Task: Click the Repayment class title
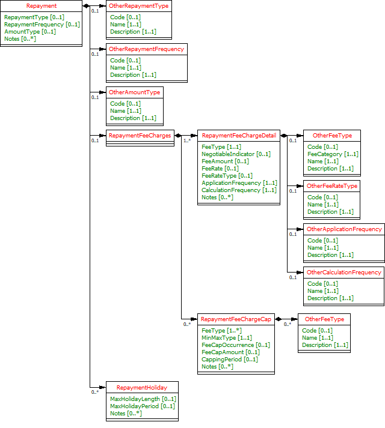coord(42,6)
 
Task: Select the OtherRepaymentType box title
coord(138,6)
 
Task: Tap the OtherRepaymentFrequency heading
coord(146,49)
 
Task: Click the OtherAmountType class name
coord(134,92)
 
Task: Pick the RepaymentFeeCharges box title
coord(140,136)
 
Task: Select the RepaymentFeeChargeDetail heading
coord(239,136)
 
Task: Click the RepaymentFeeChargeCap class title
coord(236,319)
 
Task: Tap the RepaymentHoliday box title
coord(142,388)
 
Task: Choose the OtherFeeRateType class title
coord(332,186)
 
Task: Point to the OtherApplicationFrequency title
coord(344,229)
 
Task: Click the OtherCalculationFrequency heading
coord(344,273)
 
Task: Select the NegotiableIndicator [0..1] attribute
coord(236,154)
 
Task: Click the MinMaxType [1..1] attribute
coord(227,338)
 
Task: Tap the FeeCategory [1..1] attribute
coord(333,154)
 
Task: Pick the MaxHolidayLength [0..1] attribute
coord(143,399)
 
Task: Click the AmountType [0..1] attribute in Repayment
coord(30,32)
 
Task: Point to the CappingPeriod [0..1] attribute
coord(230,360)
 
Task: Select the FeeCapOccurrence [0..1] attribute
coord(236,345)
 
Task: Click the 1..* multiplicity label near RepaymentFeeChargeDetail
coord(186,141)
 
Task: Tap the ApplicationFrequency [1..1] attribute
coord(239,183)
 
